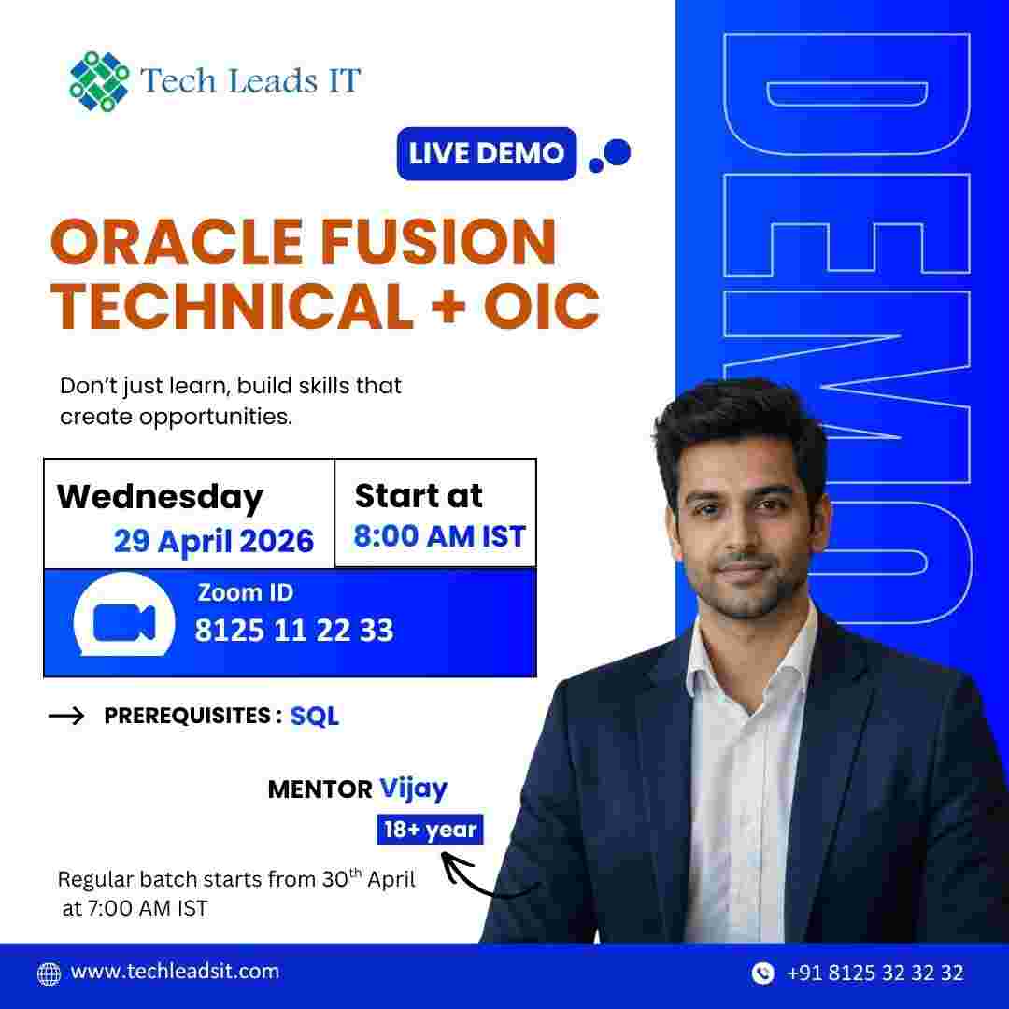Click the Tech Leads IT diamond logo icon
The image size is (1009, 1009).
99,81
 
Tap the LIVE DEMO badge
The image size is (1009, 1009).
486,152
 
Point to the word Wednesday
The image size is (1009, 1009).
160,496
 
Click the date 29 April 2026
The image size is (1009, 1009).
214,540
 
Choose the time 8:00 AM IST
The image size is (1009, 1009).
439,536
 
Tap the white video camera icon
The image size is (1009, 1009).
123,622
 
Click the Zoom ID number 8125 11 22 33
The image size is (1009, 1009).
293,631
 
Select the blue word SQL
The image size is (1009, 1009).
314,717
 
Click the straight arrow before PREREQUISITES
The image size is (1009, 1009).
66,717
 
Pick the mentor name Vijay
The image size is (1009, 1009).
413,788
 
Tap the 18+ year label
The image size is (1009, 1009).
430,829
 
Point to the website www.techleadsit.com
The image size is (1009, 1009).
175,971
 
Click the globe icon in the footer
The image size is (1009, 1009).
49,973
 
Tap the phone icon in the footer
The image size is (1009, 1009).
762,973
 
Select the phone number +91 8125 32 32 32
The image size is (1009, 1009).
874,973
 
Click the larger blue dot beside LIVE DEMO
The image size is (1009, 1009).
618,151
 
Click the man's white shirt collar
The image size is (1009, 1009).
738,659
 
